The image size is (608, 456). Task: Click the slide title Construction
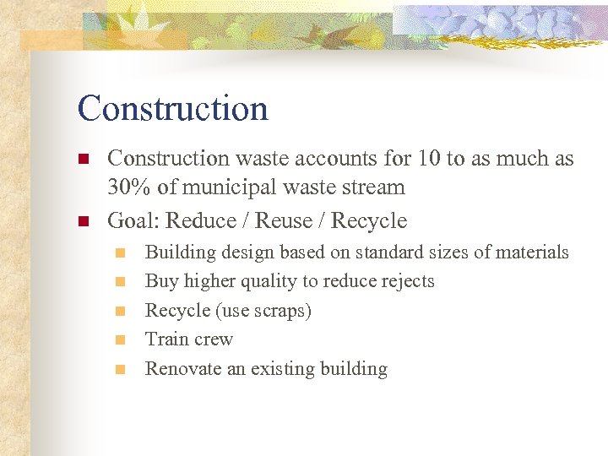coord(172,109)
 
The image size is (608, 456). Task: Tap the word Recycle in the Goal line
coord(369,221)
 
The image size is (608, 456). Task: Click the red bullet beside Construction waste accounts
coord(83,159)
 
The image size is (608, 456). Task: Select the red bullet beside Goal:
coord(83,221)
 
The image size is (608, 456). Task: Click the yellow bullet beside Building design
coord(121,252)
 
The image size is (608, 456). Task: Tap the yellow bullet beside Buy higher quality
coord(121,281)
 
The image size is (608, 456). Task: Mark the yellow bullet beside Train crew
coord(121,339)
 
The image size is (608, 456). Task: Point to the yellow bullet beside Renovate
coord(121,369)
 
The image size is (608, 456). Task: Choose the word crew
coord(213,339)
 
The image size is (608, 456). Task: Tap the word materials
coord(533,252)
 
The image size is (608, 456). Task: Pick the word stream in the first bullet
coord(375,187)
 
